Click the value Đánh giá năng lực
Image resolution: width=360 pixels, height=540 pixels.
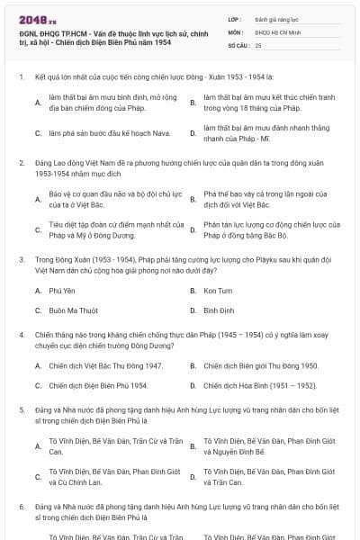tap(274, 18)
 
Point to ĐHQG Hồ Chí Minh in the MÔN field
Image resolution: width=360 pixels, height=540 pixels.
tap(274, 31)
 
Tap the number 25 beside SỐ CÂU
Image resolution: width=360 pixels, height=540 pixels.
tap(258, 43)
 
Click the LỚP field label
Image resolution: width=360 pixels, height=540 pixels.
tap(235, 18)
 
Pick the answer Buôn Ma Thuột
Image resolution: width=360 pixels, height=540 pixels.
tap(74, 310)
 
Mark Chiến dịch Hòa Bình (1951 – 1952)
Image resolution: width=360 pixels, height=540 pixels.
tap(259, 385)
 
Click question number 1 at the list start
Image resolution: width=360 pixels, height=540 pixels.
tap(21, 78)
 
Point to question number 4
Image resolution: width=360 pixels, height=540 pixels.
tap(21, 334)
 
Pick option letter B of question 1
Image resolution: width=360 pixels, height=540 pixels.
tap(193, 103)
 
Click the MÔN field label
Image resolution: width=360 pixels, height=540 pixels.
tap(235, 31)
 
